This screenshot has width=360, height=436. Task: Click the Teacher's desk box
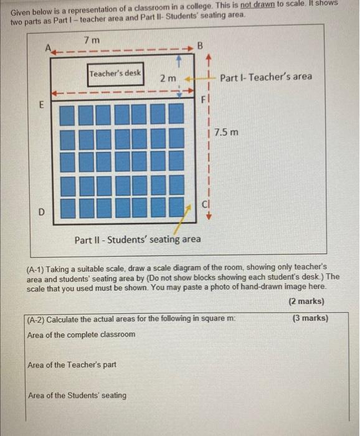116,73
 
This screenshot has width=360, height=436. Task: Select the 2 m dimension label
168,78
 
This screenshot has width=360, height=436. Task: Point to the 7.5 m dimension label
225,133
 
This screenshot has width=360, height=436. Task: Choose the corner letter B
200,45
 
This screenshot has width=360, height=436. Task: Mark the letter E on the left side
42,105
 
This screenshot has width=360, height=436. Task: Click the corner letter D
42,212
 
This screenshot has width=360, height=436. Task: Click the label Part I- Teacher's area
266,77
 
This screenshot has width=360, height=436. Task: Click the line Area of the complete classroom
81,334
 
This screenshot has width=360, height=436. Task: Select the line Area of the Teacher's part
72,365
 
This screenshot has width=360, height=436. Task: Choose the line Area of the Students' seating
77,395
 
